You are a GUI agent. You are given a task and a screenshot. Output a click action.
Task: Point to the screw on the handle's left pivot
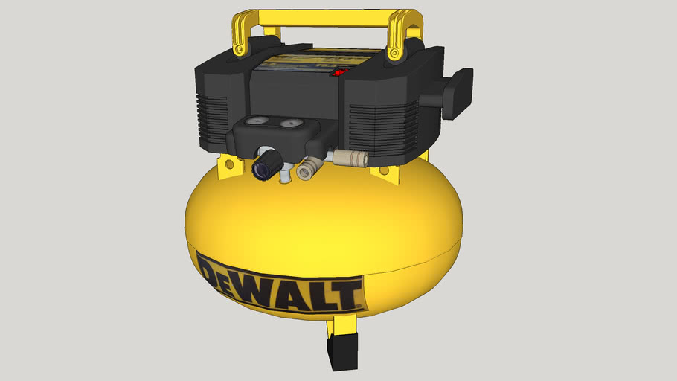tap(238, 50)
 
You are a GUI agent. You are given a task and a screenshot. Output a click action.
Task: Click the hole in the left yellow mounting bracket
tap(229, 162)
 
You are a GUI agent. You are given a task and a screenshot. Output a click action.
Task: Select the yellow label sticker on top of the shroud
tap(297, 59)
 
